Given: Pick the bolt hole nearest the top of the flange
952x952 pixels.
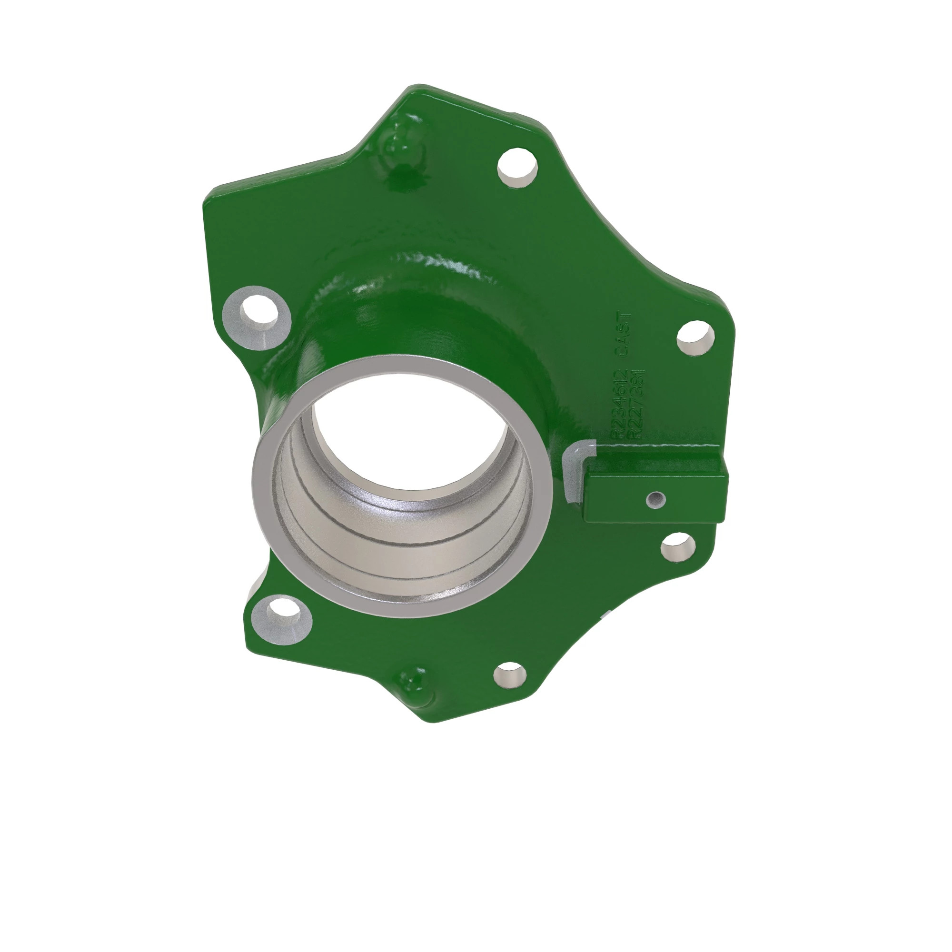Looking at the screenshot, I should coord(517,166).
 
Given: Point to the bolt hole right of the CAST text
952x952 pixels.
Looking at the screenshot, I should coord(695,338).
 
